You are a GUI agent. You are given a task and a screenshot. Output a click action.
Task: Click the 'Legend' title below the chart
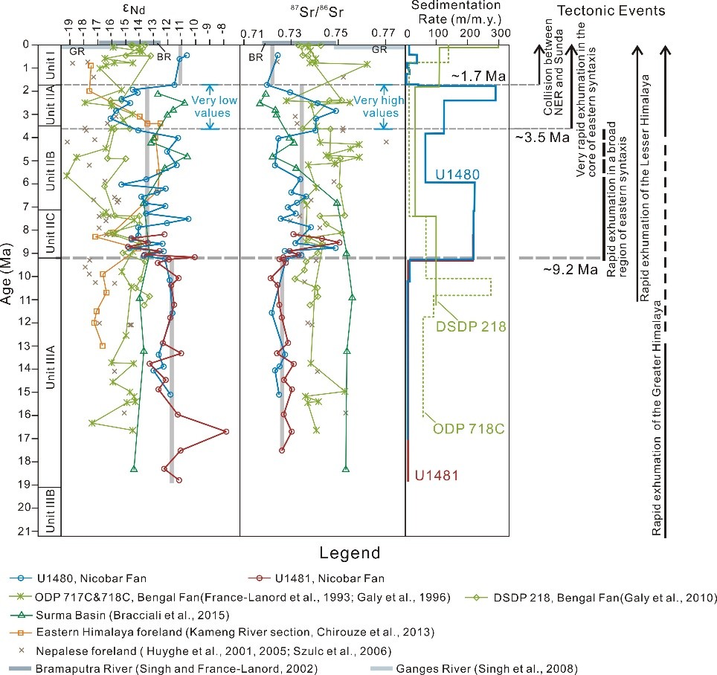[350, 553]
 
